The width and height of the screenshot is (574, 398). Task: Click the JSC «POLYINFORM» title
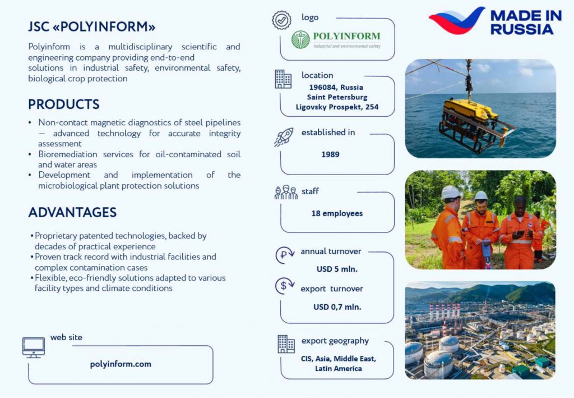(92, 27)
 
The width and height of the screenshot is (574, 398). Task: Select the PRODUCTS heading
(64, 104)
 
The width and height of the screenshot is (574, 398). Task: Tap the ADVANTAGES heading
(72, 212)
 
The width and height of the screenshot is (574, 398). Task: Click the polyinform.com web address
(121, 364)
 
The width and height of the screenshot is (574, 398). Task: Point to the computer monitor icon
(33, 347)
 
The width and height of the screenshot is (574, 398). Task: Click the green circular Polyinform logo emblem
(300, 40)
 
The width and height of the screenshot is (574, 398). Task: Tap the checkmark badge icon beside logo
(281, 20)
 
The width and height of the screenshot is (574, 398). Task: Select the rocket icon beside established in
(284, 137)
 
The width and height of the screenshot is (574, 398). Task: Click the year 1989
(330, 154)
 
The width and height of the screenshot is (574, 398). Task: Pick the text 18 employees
(337, 213)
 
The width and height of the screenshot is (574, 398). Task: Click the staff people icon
(286, 193)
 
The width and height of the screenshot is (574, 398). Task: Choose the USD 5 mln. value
(337, 269)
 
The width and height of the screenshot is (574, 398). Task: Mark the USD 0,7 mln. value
(337, 306)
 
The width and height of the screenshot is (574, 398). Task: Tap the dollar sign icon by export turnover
(284, 286)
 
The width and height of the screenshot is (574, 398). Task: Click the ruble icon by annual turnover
(284, 255)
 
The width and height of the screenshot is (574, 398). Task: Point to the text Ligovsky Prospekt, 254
(337, 107)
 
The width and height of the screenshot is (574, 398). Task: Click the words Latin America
(338, 368)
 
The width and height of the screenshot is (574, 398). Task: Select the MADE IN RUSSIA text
(526, 22)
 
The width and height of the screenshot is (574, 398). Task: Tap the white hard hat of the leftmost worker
(450, 193)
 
